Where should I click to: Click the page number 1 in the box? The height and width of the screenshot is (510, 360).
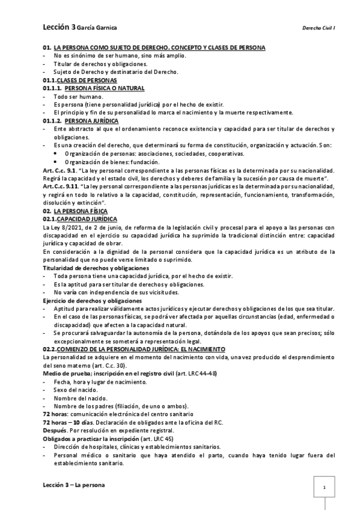[x=324, y=487]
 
